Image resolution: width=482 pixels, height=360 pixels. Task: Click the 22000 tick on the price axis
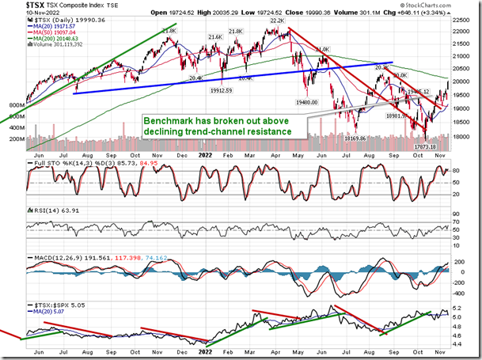[x=464, y=31]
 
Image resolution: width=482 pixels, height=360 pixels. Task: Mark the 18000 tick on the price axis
[x=464, y=135]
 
